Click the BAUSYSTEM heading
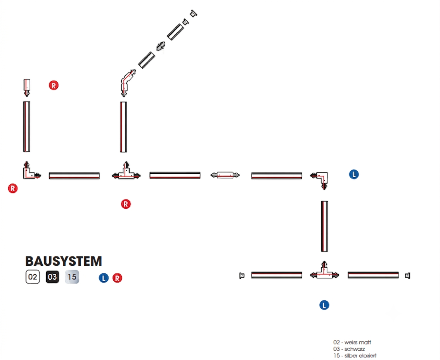64,261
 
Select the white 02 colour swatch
33,277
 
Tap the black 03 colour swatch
52,277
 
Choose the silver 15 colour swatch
72,277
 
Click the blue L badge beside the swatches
104,278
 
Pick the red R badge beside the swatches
117,278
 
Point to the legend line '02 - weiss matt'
352,342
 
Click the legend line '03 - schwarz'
349,349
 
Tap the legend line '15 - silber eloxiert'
355,355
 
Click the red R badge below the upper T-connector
126,204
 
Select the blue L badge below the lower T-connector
324,305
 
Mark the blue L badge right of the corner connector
354,174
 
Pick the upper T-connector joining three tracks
126,175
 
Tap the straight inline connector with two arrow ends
225,175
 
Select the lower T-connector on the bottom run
324,274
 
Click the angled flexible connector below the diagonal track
126,81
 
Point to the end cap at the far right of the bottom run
408,275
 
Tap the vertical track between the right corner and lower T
324,226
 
